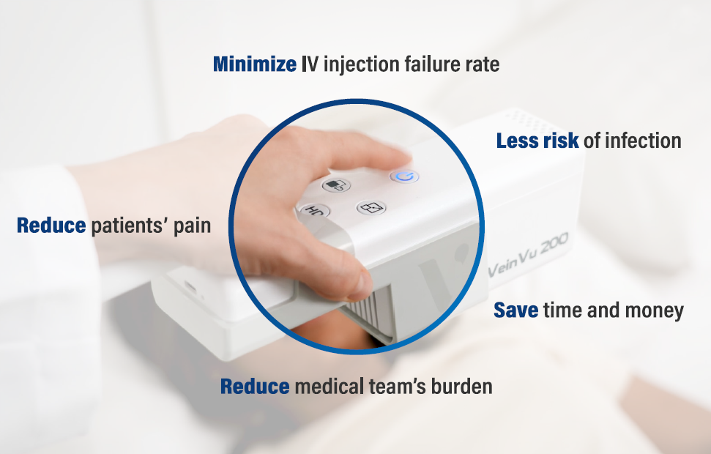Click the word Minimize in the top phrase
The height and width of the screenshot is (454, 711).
click(x=255, y=64)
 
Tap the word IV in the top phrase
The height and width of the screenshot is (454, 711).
click(x=310, y=64)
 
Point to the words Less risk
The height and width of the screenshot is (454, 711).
click(x=537, y=141)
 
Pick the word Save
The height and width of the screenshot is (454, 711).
click(x=516, y=310)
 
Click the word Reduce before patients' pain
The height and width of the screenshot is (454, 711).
click(x=51, y=226)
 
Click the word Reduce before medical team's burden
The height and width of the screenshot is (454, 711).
click(x=255, y=387)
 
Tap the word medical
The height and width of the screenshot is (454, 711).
click(x=330, y=387)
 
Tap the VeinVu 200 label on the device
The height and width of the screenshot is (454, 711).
click(x=528, y=256)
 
